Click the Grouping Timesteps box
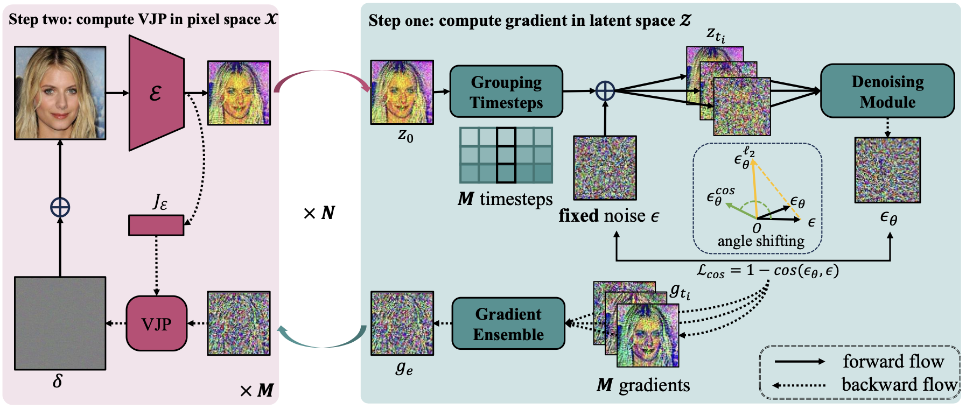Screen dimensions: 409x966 (x=506, y=92)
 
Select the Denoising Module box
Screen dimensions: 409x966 (x=887, y=91)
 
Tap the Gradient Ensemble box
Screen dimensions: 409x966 (x=508, y=324)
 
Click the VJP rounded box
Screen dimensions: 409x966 (x=156, y=323)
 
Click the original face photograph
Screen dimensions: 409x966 (x=60, y=93)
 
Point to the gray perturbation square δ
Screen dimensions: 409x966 (x=60, y=323)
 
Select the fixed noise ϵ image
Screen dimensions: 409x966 (x=605, y=168)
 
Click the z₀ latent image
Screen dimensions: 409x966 (x=402, y=93)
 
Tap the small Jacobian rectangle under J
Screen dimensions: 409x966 (x=156, y=225)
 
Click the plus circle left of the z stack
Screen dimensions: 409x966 (x=605, y=91)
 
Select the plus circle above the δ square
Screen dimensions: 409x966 (x=60, y=207)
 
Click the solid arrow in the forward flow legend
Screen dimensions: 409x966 (x=799, y=362)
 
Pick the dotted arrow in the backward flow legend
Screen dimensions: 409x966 (x=799, y=385)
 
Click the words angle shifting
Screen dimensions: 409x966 (x=760, y=241)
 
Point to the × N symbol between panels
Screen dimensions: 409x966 (x=319, y=214)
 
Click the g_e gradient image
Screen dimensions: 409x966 (x=402, y=323)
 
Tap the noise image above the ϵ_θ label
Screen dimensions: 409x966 (x=887, y=170)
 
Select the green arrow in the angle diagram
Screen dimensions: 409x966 (x=740, y=210)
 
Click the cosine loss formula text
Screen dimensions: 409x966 (x=767, y=271)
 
